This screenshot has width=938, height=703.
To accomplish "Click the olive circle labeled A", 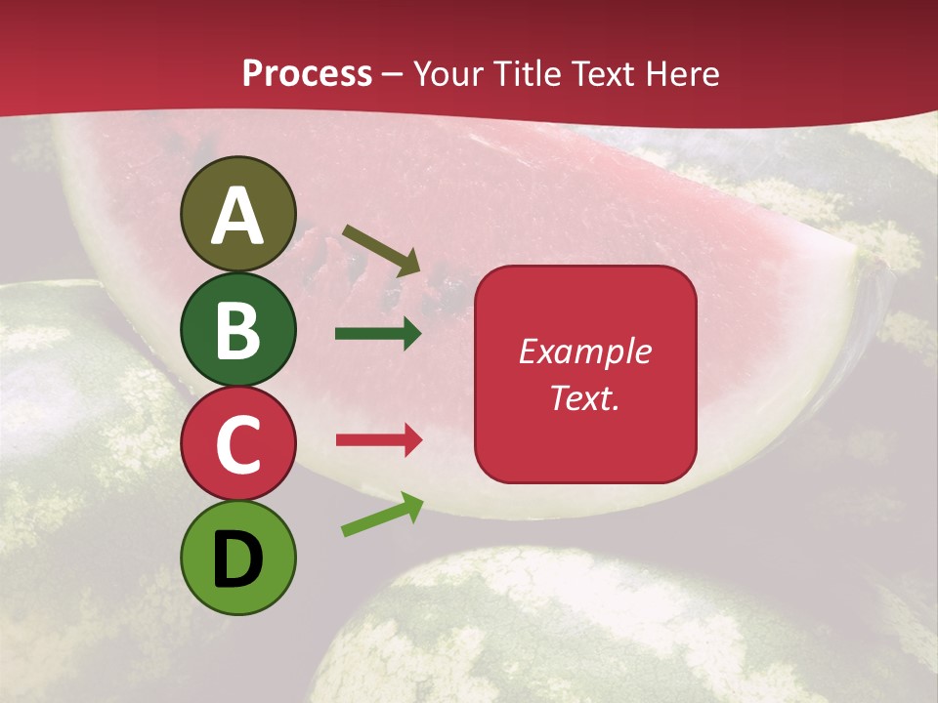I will tap(238, 214).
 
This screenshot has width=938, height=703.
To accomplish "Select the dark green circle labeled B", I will tap(238, 329).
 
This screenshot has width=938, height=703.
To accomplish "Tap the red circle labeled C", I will tap(238, 444).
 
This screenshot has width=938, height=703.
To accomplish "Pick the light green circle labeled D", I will tap(238, 558).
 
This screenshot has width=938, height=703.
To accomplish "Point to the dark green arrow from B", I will tap(378, 334).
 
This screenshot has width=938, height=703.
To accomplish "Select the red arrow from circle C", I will tap(378, 440).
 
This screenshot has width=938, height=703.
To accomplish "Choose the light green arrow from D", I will tap(382, 515).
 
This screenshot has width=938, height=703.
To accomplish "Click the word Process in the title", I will tap(307, 74).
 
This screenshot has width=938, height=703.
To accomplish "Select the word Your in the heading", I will tap(449, 74).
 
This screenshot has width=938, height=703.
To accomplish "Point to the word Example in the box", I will tap(584, 351).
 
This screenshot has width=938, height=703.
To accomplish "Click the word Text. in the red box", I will tap(584, 398).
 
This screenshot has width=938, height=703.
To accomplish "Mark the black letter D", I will tap(238, 559).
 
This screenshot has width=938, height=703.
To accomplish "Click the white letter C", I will tap(238, 444).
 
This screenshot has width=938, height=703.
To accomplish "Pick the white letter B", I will tap(238, 330).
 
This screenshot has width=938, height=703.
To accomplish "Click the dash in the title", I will tap(393, 75).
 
